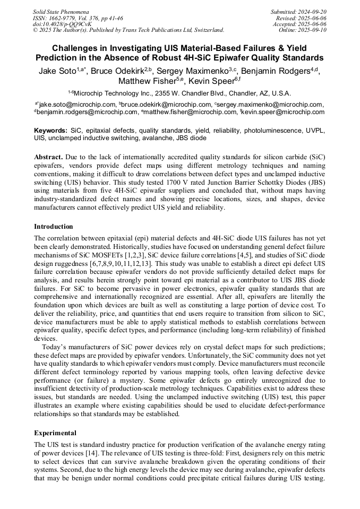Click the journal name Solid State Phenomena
(x=61, y=11)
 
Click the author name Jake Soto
(x=56, y=71)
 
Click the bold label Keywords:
(x=50, y=130)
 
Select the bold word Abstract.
(x=49, y=158)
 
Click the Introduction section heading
(x=54, y=227)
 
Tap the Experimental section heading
(x=55, y=433)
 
